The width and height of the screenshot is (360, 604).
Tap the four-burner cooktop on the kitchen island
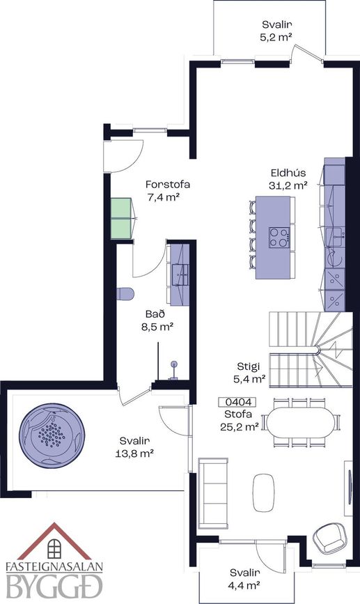click(279, 238)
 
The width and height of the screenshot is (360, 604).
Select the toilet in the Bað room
click(125, 294)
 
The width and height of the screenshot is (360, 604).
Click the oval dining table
click(301, 423)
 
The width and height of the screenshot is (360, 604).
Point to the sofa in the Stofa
click(213, 493)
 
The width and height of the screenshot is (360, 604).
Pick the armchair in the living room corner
click(329, 538)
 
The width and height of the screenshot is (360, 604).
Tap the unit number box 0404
click(237, 403)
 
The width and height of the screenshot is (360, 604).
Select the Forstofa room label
click(168, 184)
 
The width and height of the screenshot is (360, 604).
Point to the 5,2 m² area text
click(277, 38)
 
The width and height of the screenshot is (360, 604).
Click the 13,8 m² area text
click(134, 454)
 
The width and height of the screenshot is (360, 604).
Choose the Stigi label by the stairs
click(249, 366)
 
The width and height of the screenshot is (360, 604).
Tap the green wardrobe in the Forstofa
click(122, 219)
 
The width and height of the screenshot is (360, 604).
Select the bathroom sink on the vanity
click(180, 274)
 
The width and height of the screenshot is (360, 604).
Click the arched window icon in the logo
click(54, 548)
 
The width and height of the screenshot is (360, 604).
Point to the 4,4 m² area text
click(243, 585)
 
